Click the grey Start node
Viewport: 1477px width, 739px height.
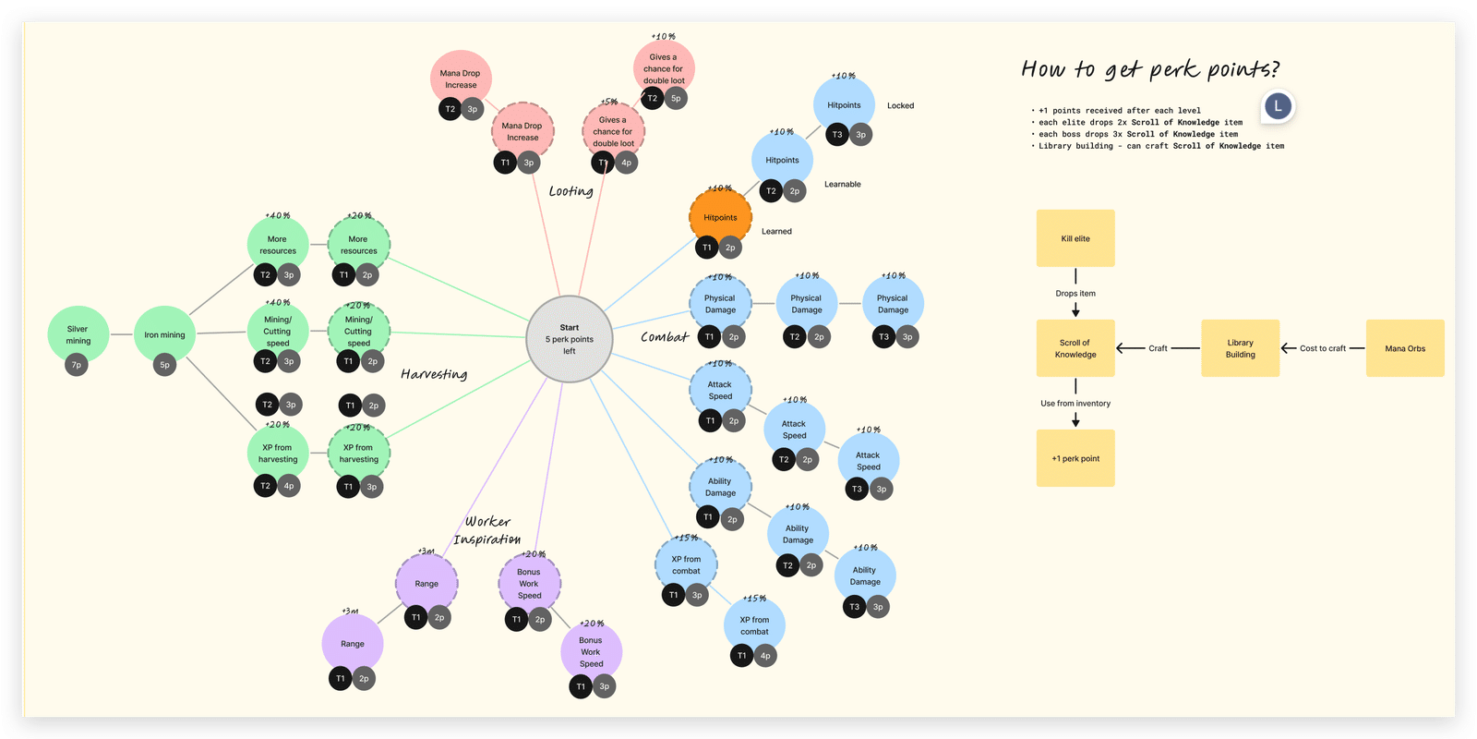click(569, 338)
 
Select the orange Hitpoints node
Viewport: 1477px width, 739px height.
click(720, 217)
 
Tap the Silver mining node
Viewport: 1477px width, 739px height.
click(78, 334)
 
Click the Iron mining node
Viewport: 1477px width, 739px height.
click(164, 334)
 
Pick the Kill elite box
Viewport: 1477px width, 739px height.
click(1075, 238)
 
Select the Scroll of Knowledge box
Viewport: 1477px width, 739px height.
click(1075, 348)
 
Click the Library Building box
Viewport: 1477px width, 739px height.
click(1241, 348)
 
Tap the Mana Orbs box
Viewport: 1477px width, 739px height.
click(1405, 348)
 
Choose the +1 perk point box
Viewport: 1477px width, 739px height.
click(1075, 458)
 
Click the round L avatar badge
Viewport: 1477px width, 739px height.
click(1278, 106)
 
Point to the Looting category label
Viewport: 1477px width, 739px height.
click(571, 191)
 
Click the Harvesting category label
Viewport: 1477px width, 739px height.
click(434, 374)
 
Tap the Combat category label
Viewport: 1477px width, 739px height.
click(665, 336)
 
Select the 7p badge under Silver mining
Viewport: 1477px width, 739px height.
click(77, 365)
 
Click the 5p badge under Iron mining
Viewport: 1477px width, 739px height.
click(165, 365)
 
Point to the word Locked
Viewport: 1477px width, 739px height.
click(900, 105)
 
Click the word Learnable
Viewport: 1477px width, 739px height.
click(842, 184)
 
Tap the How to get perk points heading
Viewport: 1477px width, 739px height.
click(1150, 69)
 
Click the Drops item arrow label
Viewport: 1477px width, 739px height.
click(1075, 293)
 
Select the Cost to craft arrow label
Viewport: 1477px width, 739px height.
click(1323, 348)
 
